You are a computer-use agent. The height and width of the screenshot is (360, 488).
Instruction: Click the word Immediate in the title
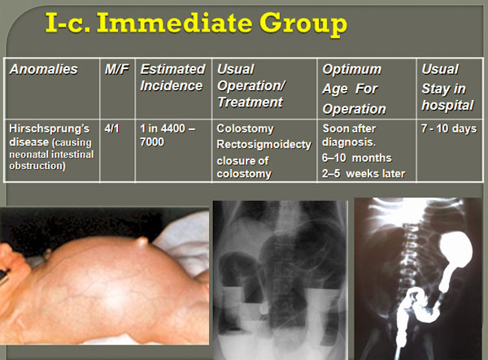[x=175, y=23]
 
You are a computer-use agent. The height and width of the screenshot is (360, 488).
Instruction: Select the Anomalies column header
[x=44, y=69]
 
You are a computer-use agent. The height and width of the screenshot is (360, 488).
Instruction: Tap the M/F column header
[x=116, y=69]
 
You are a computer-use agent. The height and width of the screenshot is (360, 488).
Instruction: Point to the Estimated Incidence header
[x=172, y=77]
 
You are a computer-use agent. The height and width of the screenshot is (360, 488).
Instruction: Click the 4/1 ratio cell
[x=111, y=128]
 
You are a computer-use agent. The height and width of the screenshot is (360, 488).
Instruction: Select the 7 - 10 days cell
[x=449, y=128]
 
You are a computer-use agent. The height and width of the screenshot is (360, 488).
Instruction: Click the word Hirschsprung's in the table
[x=50, y=128]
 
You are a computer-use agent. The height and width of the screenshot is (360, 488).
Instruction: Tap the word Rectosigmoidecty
[x=264, y=145]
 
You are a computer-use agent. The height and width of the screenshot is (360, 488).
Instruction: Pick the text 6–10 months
[x=357, y=158]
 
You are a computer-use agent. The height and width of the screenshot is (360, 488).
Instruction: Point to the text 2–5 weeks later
[x=364, y=173]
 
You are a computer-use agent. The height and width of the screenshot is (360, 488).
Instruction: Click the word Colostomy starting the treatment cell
[x=246, y=128]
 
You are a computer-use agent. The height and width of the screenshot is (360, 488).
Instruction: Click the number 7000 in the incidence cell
[x=152, y=142]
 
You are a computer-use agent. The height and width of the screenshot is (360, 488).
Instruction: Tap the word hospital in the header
[x=447, y=106]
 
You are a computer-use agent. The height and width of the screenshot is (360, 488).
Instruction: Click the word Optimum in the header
[x=351, y=69]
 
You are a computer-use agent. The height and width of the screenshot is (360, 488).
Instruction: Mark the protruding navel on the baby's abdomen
[x=142, y=242]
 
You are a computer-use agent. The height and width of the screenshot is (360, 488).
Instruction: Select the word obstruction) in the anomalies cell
[x=37, y=166]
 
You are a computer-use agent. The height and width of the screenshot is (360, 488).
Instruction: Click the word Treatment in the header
[x=251, y=102]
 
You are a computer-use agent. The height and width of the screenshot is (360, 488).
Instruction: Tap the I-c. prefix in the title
[x=68, y=23]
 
